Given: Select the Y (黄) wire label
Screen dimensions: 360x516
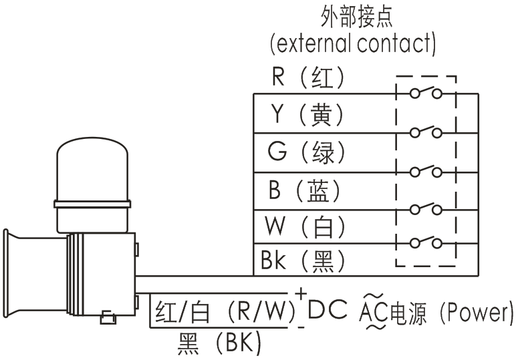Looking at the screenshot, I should (308, 116).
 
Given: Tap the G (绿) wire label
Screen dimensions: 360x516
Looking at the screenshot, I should (308, 153).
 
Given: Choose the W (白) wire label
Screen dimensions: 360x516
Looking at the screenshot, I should (308, 227).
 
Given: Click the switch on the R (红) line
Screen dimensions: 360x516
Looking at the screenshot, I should (426, 93).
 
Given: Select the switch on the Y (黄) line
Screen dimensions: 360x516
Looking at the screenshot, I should (426, 132).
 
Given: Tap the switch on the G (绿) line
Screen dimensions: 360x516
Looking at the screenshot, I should (426, 170).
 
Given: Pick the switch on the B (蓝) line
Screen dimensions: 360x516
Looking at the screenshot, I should (426, 208).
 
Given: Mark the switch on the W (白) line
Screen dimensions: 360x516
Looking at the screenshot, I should (426, 243).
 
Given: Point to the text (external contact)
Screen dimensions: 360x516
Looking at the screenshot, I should (353, 45).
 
